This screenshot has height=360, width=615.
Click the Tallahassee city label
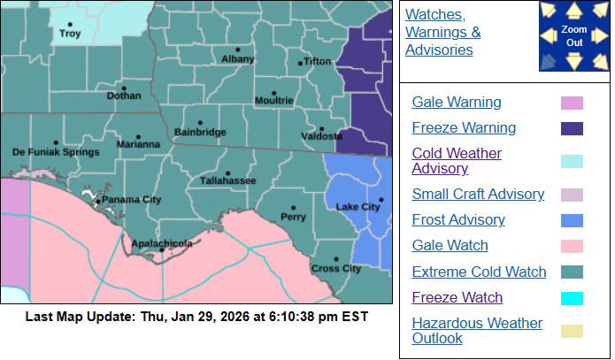(x=227, y=180)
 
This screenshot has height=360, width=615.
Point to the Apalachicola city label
(x=162, y=242)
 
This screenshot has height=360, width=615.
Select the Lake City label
(x=358, y=207)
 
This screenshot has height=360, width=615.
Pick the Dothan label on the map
(x=123, y=96)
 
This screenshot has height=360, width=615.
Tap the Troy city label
(x=69, y=34)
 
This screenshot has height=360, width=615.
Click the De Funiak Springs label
(x=56, y=152)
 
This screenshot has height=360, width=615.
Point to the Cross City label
(x=335, y=268)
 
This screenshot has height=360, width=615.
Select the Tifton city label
(x=316, y=62)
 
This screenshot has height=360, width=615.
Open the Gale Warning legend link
(x=457, y=103)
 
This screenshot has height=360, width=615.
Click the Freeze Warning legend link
(x=464, y=128)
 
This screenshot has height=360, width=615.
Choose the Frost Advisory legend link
(x=458, y=220)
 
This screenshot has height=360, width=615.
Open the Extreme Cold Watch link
(x=479, y=272)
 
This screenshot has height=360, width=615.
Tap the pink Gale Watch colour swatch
(x=572, y=246)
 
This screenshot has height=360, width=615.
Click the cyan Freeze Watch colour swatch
(x=572, y=298)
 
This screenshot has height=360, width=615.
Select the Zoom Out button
(x=573, y=36)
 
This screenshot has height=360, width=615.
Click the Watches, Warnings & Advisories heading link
(x=442, y=33)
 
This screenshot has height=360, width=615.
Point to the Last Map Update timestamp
(x=196, y=317)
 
